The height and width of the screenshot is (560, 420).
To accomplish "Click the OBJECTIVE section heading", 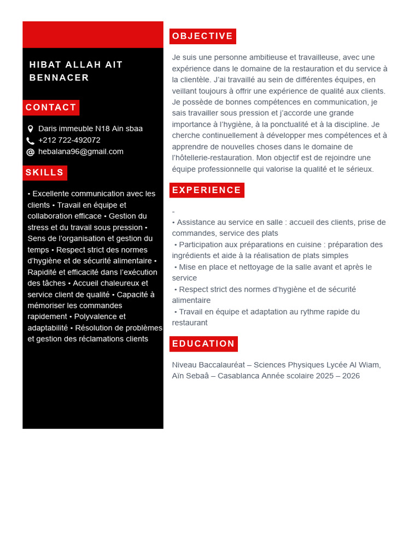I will [202, 36].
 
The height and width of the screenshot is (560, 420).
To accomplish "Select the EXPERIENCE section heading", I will [206, 190].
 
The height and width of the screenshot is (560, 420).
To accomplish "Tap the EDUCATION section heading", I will [203, 343].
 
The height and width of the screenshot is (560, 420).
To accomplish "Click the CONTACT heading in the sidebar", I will [51, 107].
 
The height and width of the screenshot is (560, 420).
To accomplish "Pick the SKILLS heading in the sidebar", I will [44, 172].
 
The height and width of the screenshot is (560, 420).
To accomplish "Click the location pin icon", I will [30, 129].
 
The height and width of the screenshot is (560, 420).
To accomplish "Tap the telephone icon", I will [30, 141].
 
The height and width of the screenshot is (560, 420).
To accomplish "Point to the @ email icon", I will [30, 152].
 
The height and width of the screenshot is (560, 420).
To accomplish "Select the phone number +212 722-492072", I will [69, 140].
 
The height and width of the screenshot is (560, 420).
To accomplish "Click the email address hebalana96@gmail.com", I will [80, 151].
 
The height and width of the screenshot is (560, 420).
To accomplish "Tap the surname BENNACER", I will [59, 78].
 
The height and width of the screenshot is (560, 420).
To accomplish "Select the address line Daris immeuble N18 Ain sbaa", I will [90, 129].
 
